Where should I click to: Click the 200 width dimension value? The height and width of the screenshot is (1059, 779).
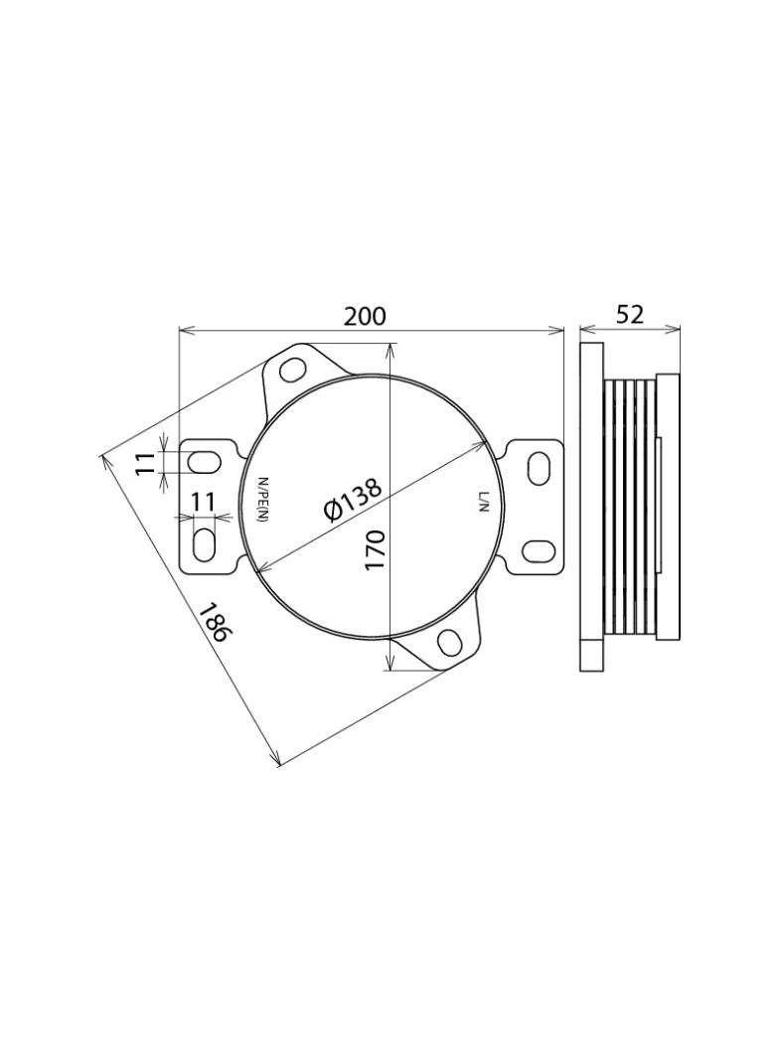pyautogui.click(x=365, y=316)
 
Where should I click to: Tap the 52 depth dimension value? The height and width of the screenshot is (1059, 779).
pyautogui.click(x=630, y=314)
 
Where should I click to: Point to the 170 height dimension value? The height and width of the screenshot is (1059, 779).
pyautogui.click(x=376, y=549)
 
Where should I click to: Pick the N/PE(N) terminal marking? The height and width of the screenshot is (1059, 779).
pyautogui.click(x=263, y=499)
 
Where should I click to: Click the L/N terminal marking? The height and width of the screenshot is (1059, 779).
pyautogui.click(x=482, y=503)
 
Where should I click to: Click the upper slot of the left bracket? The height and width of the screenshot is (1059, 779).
pyautogui.click(x=204, y=463)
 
